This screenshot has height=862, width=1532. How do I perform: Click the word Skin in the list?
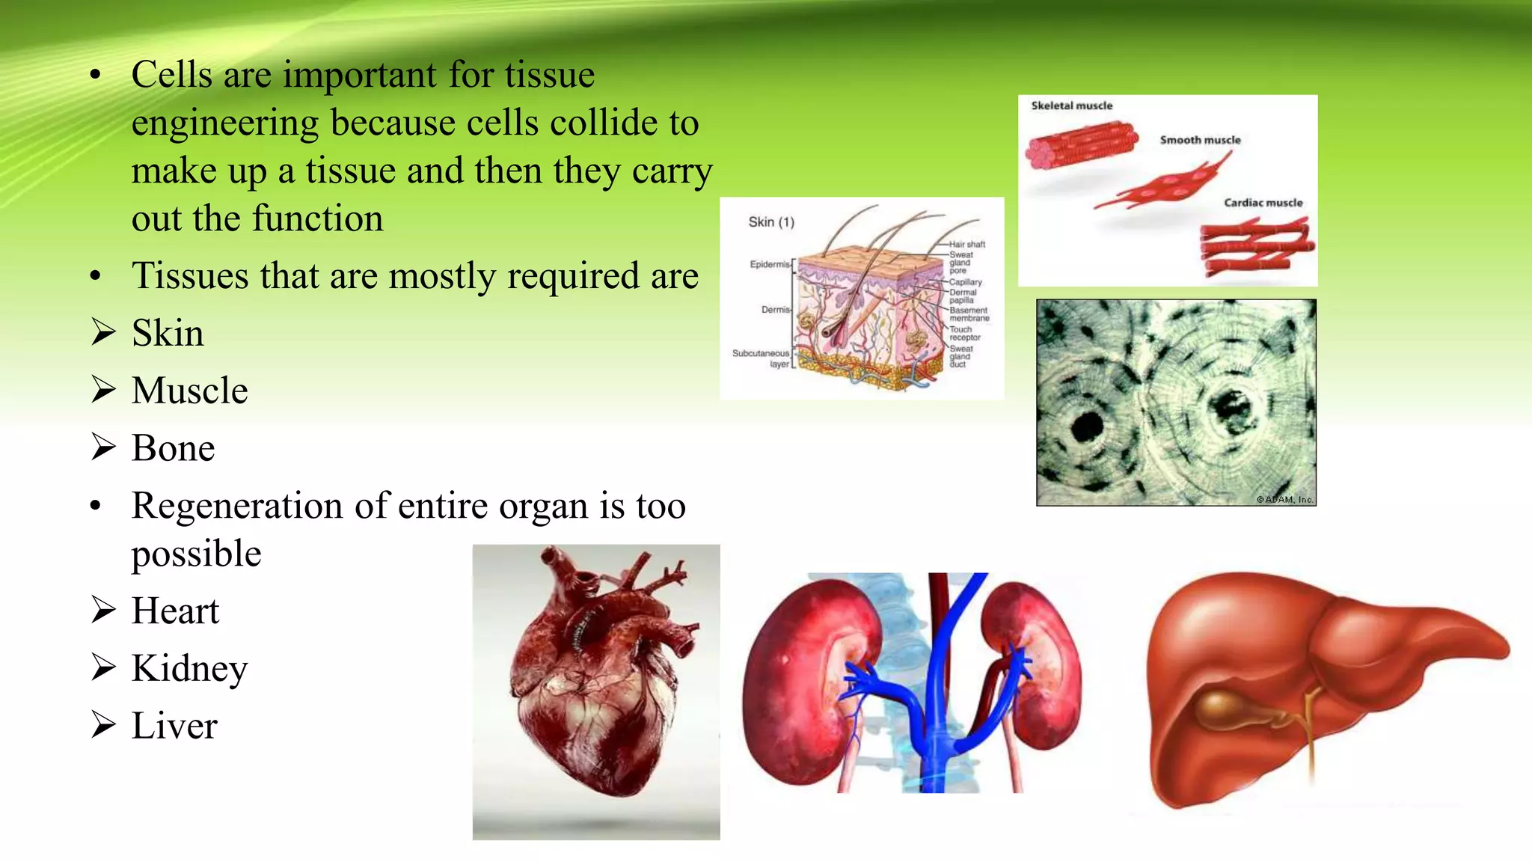pos(168,333)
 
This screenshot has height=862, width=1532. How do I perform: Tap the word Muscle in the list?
pos(189,391)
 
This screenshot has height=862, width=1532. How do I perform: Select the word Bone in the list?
pos(173,448)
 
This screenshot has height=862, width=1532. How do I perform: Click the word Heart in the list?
pos(175,611)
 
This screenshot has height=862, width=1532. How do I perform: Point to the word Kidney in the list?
pos(189,668)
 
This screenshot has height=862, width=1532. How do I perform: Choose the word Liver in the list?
pos(174,726)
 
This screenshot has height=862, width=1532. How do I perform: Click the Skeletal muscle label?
pos(1071,106)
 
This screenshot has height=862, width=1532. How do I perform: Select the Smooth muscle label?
pos(1200,140)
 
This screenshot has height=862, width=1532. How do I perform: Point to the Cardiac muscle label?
pos(1263,203)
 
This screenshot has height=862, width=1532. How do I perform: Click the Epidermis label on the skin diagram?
pos(770,264)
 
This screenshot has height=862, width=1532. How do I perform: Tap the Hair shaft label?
pos(967,244)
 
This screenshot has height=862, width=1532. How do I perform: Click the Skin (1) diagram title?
pos(771,222)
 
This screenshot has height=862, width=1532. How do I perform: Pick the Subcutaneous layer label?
pos(761,358)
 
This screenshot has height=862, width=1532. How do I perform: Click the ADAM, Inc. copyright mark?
pos(1284,499)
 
